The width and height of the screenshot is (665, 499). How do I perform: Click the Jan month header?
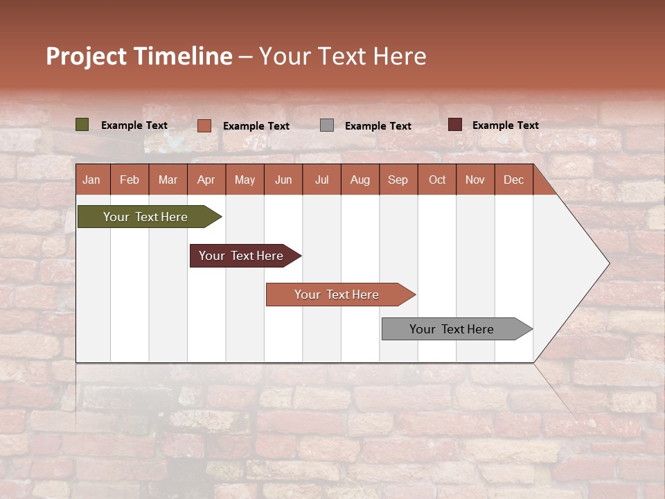[92, 180]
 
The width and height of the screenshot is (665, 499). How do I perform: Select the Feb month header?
[130, 180]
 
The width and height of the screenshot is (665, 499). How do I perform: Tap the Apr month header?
[206, 180]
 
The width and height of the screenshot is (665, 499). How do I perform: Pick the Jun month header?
[283, 180]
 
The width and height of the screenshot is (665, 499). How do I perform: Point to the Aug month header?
[360, 180]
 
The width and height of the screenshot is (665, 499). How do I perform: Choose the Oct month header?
[437, 180]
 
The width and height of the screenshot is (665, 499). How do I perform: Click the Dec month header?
[514, 180]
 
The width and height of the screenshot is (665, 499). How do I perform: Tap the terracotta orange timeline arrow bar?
[338, 295]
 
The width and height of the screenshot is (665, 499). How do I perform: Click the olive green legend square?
[82, 125]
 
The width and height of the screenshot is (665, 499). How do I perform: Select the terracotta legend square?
[204, 125]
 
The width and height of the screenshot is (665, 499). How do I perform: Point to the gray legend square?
[327, 125]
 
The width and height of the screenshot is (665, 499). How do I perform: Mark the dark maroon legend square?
[455, 125]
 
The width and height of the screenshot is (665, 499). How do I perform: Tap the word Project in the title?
[86, 56]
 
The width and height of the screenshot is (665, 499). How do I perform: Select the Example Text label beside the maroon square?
[506, 125]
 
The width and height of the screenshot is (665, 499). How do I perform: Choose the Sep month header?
[398, 180]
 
